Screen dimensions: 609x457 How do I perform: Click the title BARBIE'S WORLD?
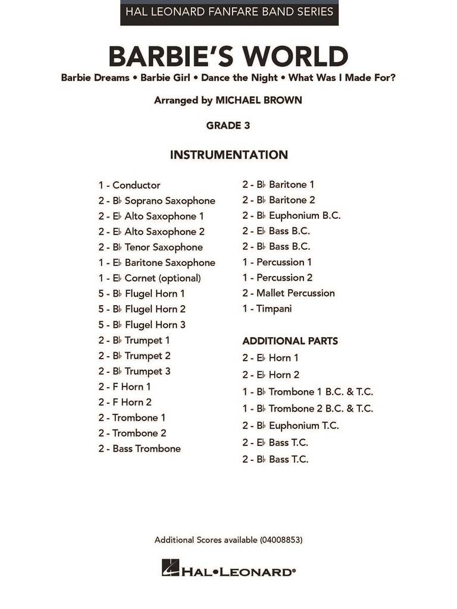click(x=228, y=56)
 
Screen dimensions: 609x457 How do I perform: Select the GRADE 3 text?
click(x=228, y=125)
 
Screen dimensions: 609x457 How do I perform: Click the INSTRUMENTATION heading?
click(x=228, y=155)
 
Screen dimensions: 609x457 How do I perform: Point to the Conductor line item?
click(x=130, y=185)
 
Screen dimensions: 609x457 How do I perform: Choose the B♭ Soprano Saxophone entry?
click(x=157, y=200)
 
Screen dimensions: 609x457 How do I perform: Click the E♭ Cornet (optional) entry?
click(x=150, y=278)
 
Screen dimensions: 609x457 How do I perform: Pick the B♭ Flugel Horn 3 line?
click(x=142, y=324)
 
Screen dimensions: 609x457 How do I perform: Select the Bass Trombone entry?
click(x=140, y=448)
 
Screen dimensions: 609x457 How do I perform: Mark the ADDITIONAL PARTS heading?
click(x=290, y=341)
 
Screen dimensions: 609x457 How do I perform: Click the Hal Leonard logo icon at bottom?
click(x=170, y=568)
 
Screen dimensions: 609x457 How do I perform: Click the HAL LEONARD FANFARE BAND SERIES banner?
click(x=229, y=12)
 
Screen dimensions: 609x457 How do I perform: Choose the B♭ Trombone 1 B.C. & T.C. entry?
click(x=308, y=392)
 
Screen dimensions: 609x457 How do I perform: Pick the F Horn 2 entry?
click(x=125, y=402)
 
